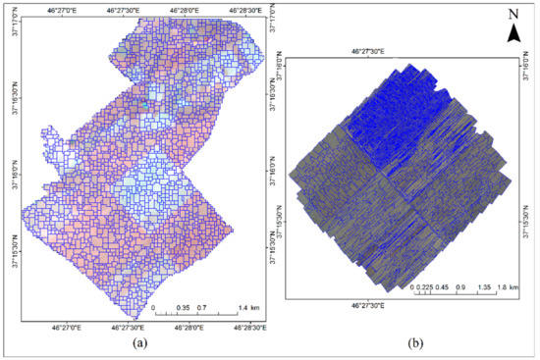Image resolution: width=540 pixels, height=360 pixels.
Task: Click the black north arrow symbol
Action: pos(513,35)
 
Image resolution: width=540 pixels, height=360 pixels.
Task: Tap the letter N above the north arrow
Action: pos(513,14)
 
